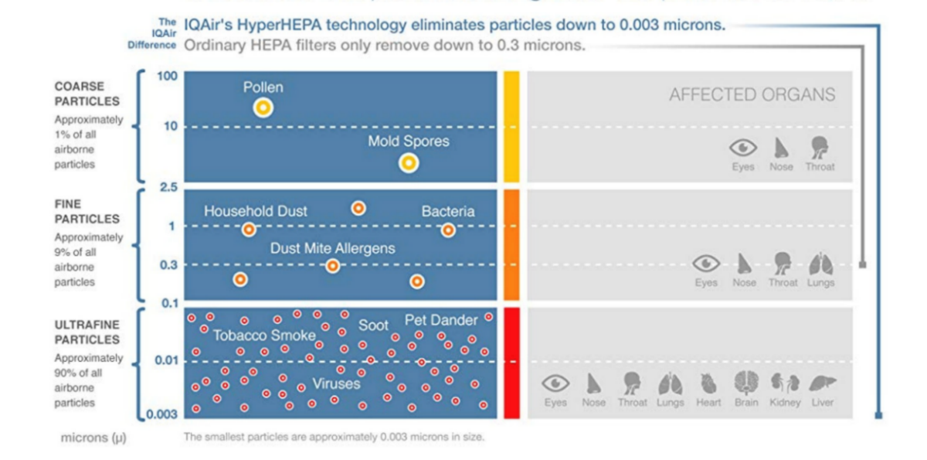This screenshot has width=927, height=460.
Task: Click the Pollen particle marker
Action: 263,107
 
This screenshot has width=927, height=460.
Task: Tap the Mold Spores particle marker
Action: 409,162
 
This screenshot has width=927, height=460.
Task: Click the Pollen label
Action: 263,87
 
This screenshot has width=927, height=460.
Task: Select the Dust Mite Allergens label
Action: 332,248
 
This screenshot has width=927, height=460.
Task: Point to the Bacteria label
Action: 448,211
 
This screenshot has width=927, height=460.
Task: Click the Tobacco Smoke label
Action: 264,336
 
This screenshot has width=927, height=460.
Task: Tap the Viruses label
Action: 336,383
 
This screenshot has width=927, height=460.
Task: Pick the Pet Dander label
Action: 441,320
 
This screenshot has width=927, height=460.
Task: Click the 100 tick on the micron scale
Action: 168,77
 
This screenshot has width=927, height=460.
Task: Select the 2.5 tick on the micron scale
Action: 168,188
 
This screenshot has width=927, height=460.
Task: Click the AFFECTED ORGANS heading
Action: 752,95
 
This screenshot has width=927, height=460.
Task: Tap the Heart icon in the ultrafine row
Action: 708,383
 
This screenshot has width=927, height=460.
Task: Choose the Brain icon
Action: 746,383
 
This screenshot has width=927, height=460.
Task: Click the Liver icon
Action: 822,383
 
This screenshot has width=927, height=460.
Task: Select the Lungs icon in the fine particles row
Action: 821,264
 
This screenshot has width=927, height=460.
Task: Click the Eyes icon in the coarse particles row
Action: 743,147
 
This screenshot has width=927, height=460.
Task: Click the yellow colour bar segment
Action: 511,127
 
